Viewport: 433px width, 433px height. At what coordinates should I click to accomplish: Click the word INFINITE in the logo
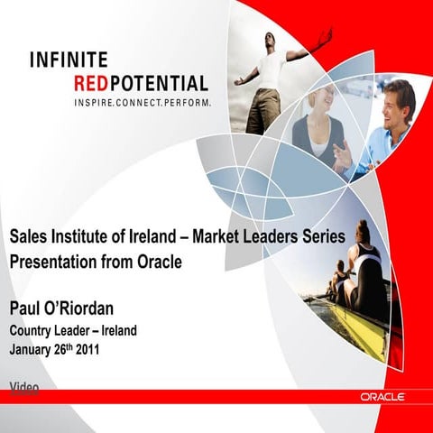coord(69,60)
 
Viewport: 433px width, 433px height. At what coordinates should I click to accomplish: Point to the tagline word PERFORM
coord(188,104)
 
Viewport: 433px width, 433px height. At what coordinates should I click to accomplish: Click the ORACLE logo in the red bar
coord(382,396)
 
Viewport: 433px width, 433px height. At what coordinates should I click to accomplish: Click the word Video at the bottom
coord(24,386)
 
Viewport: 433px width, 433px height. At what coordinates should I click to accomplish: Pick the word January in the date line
coord(35,347)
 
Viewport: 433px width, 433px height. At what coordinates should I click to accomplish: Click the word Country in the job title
coord(34,329)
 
